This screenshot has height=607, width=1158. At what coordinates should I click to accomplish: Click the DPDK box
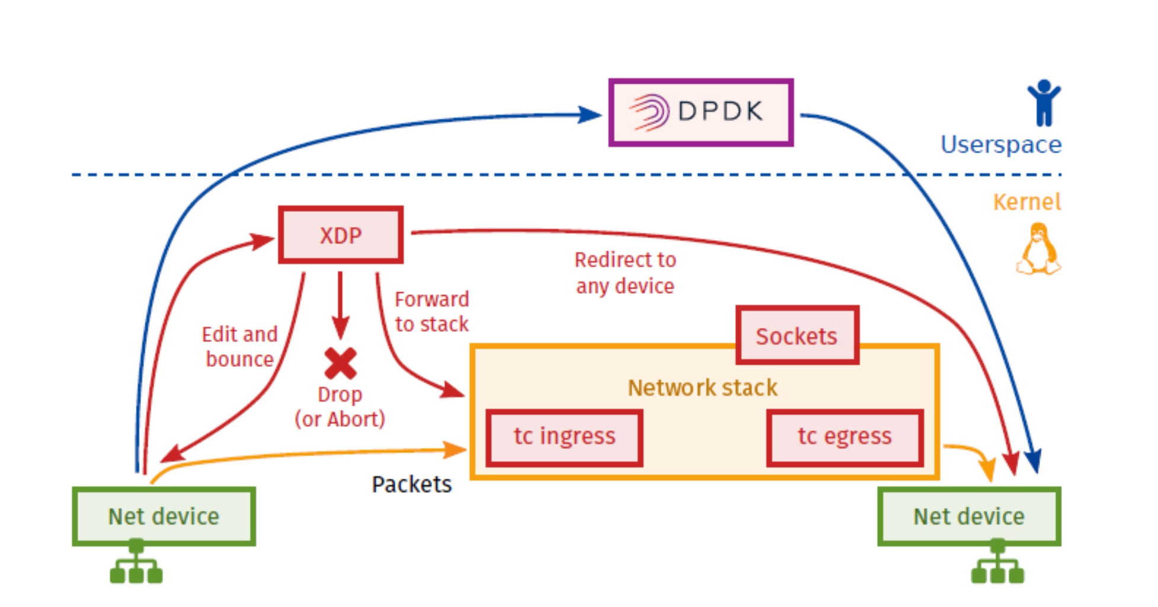coord(700,112)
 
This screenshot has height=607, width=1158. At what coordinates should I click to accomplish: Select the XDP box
coord(341,235)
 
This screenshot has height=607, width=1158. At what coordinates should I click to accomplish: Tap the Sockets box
coord(797,336)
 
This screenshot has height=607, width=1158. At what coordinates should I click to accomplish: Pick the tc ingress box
coord(564,437)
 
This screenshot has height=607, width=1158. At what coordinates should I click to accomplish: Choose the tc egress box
coord(844,437)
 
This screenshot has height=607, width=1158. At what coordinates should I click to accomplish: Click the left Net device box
coord(164,516)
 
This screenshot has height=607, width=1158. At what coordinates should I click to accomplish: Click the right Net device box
coord(969,516)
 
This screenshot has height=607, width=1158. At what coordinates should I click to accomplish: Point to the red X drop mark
coord(340,363)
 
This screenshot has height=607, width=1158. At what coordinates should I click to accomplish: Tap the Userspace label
coord(1001,145)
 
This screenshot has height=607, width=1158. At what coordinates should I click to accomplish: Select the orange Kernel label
coord(1026,202)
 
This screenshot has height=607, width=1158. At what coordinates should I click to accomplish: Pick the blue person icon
coord(1044,103)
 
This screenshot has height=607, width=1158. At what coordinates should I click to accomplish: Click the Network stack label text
coord(702,388)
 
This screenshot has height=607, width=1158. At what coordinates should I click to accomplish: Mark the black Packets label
coord(411,484)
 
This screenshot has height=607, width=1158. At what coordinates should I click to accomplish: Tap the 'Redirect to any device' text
coord(625,273)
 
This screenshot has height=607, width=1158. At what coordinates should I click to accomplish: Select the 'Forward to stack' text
coord(431,311)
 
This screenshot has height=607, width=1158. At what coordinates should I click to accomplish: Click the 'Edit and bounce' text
coord(239,347)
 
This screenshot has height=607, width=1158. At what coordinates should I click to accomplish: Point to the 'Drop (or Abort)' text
coord(340,407)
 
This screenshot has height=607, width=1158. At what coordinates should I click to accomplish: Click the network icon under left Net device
coord(136,563)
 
